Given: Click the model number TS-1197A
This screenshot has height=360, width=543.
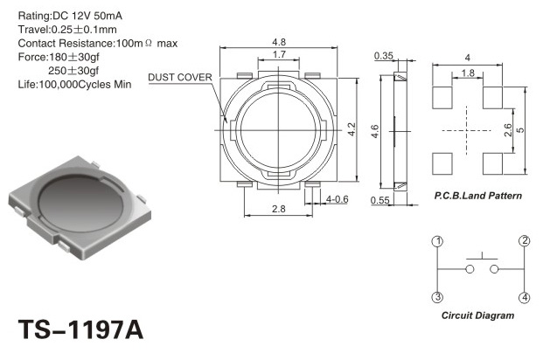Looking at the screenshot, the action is [80, 329].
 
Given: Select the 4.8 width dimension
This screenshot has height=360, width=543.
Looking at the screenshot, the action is [279, 42].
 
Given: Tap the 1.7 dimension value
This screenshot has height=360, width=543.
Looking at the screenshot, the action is [279, 54].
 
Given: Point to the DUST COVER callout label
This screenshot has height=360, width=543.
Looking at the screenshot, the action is [180, 77].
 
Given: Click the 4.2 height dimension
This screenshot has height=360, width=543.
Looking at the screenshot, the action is [352, 129].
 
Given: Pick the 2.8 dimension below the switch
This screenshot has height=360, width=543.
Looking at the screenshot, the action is [279, 209].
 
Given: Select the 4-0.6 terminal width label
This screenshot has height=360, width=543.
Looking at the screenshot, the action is [337, 199].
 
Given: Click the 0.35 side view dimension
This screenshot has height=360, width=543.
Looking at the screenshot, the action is [384, 56].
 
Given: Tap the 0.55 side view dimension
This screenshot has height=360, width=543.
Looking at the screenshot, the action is [379, 200].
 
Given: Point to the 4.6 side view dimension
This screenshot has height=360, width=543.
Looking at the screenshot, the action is [375, 132].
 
